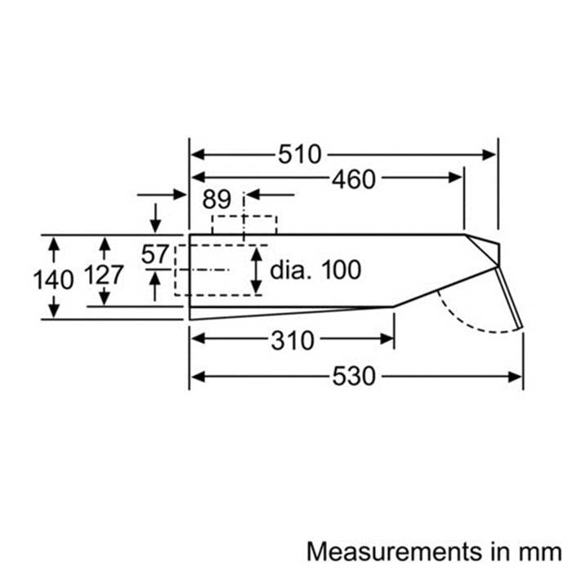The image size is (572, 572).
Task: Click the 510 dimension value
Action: tap(300, 154)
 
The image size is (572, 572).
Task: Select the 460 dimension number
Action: tap(354, 179)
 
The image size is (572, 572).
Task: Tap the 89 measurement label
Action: tap(217, 199)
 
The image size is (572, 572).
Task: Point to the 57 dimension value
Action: tap(155, 254)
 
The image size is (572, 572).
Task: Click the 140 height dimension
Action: tap(53, 280)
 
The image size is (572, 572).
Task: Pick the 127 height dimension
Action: tap(104, 275)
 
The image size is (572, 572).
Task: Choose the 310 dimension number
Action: tap(293, 341)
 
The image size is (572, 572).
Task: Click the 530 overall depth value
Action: tap(354, 376)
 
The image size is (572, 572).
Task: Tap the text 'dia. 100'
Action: tap(315, 270)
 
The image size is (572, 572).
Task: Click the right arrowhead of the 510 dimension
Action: tap(489, 154)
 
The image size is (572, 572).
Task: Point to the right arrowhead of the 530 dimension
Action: tap(515, 377)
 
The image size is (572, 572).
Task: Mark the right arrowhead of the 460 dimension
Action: tap(456, 178)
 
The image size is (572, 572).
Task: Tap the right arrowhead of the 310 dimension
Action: tap(387, 339)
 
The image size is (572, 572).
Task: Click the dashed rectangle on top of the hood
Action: tap(244, 217)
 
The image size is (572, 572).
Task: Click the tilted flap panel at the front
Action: tap(509, 298)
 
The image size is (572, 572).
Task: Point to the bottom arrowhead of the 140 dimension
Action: tap(54, 310)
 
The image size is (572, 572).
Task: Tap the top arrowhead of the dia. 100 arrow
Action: tap(257, 254)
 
